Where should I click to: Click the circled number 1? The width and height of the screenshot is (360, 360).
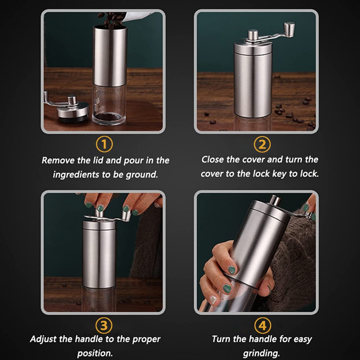[x=104, y=144]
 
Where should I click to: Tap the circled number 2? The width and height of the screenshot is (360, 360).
[x=262, y=144]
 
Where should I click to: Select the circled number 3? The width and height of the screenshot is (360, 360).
[x=104, y=325]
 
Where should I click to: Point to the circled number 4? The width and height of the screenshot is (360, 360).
[x=263, y=325]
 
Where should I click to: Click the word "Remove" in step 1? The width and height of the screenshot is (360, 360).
[x=58, y=160]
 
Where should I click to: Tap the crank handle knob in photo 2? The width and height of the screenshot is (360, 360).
[x=289, y=29]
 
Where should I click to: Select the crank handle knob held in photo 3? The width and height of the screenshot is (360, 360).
[x=126, y=216]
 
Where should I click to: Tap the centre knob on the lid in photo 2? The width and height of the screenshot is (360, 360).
[x=253, y=35]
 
